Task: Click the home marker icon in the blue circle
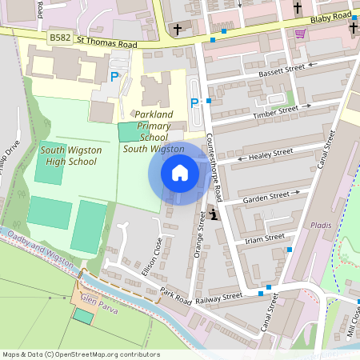coord(180,173)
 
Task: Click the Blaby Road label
coord(332,16)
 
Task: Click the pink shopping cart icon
coord(301,34)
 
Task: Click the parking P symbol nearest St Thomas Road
coord(114,77)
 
